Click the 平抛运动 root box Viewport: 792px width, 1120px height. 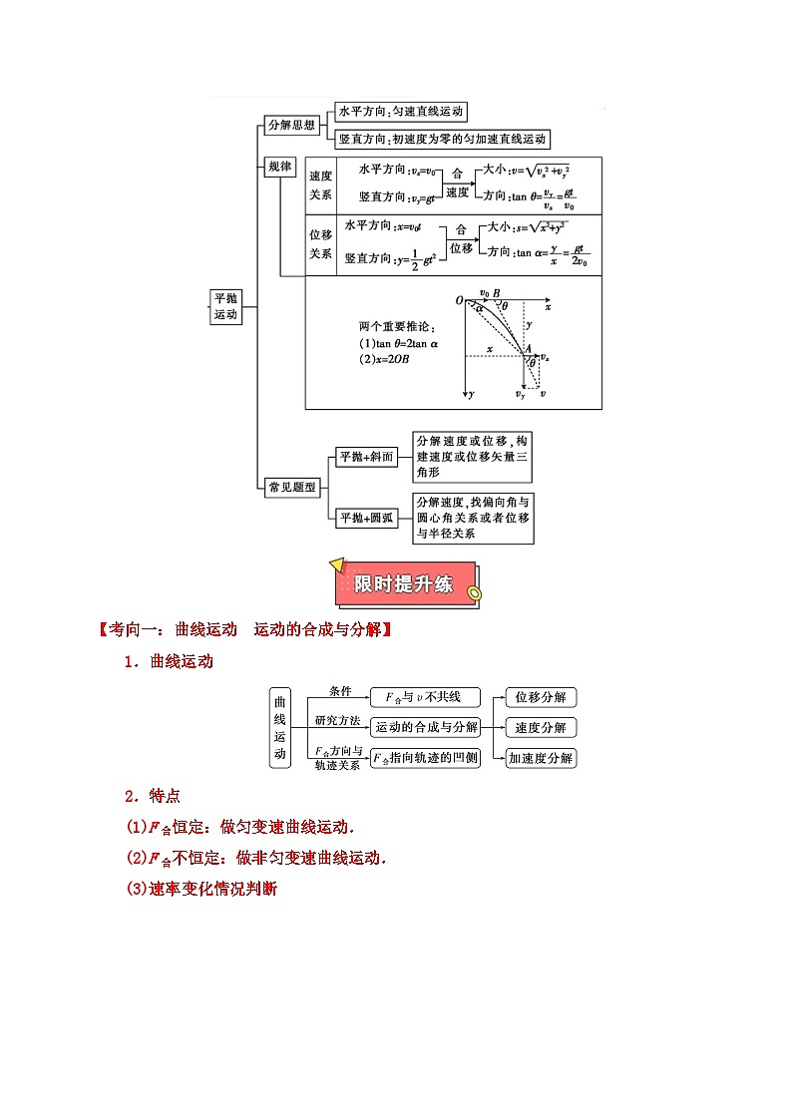pos(226,306)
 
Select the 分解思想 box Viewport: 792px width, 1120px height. pos(291,125)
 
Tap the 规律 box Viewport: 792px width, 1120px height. pos(280,168)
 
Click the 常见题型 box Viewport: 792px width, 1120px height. pos(291,487)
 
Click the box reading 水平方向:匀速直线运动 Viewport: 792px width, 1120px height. pos(401,112)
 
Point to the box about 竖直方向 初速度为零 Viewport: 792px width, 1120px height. pos(443,140)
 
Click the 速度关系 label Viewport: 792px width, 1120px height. pos(320,185)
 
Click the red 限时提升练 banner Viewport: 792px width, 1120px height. pos(405,583)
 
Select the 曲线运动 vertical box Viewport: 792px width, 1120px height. pos(279,727)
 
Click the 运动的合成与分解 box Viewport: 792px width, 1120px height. pos(425,727)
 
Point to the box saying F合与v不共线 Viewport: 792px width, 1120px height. pos(425,697)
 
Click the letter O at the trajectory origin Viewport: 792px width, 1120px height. pos(459,300)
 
